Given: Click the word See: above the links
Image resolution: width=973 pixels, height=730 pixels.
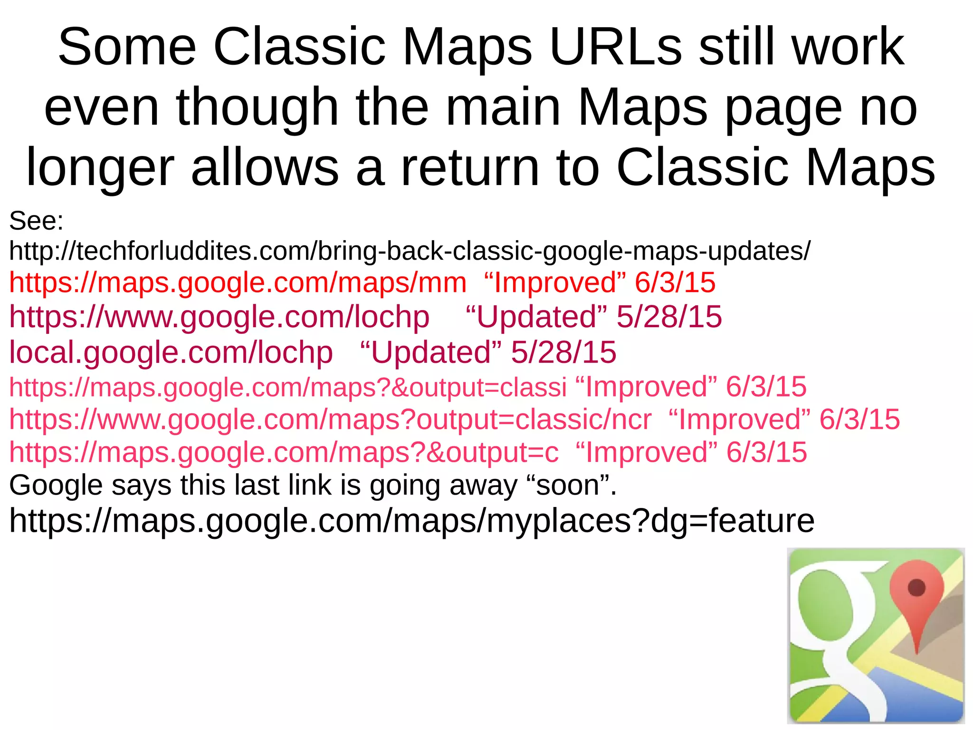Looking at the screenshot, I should tap(36, 221).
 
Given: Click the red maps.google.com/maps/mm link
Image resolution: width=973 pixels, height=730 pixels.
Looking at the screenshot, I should tap(238, 282).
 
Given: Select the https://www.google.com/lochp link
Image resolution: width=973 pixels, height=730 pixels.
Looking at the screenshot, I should tap(219, 317).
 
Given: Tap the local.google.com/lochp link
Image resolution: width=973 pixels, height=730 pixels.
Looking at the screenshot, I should tap(171, 352).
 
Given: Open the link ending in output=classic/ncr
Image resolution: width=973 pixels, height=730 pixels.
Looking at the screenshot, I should tap(330, 419).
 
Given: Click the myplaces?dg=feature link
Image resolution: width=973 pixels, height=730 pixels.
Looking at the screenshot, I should tap(411, 521).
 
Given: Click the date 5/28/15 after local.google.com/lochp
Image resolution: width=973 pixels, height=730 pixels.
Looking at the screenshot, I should tap(563, 352).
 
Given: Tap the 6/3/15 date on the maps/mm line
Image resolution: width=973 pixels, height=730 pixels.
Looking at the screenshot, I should tap(675, 282).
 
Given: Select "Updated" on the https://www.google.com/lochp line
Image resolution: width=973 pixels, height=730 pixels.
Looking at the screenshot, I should tap(536, 317).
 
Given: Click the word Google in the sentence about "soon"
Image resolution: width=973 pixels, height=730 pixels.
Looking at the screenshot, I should tap(56, 486).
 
